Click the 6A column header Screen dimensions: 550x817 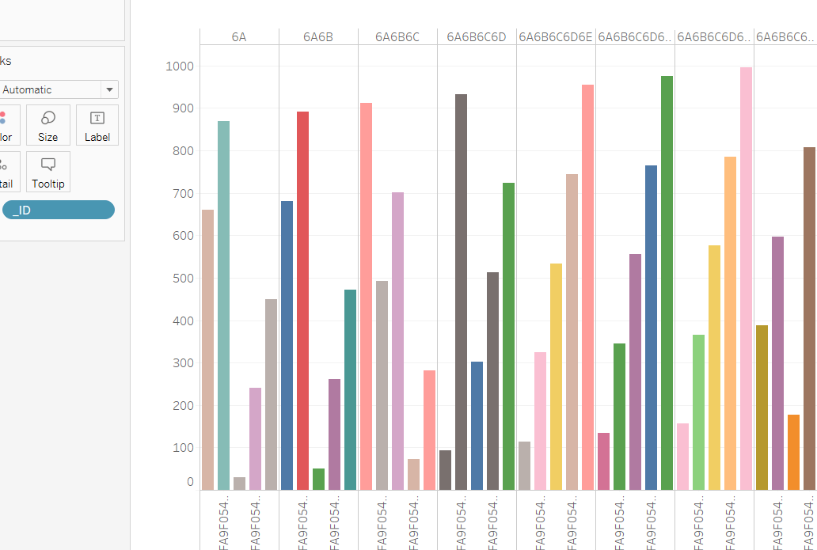pos(239,37)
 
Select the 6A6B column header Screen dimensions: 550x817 pos(318,37)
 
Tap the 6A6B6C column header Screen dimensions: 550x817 pos(397,37)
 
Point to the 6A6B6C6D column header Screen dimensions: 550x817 pos(477,37)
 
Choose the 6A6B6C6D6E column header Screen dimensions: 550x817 pos(556,37)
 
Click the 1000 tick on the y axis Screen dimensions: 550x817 pos(179,66)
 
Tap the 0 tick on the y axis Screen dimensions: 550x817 pos(190,482)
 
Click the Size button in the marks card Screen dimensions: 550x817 pos(48,125)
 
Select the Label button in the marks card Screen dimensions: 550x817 pos(97,125)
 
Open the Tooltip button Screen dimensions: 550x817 pos(48,172)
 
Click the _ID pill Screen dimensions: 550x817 pos(59,210)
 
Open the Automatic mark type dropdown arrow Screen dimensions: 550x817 pos(109,90)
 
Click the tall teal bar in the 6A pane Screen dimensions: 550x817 pos(223,305)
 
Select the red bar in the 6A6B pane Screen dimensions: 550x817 pos(302,301)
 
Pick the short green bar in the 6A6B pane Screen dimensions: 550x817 pos(318,479)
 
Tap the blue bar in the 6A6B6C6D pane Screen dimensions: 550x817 pos(477,426)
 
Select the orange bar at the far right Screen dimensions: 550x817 pos(793,452)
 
